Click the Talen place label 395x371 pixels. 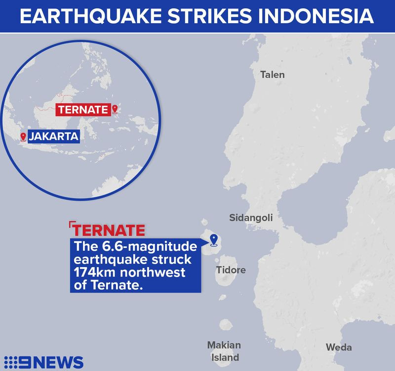273,75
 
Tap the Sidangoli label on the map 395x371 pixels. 251,218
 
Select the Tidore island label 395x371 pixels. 231,270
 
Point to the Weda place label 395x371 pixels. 339,347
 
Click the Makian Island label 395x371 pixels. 224,351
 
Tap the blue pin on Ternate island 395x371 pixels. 214,240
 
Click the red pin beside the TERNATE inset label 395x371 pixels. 115,109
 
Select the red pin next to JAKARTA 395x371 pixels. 23,136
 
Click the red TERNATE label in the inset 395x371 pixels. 82,110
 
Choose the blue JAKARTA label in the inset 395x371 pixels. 53,137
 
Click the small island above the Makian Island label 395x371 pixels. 226,325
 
